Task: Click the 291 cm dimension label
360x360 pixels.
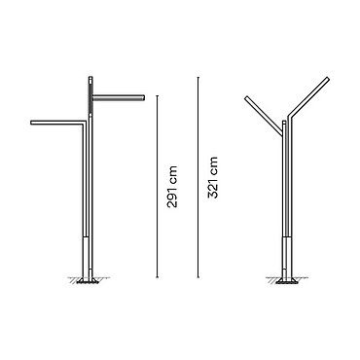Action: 171,187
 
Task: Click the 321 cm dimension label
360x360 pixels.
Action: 213,177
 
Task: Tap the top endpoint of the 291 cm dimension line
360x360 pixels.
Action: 158,95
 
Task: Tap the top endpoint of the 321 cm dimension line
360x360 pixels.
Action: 198,77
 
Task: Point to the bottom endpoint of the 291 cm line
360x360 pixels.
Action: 158,277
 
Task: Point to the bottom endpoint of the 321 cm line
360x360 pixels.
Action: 198,277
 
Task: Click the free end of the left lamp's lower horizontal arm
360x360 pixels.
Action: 31,123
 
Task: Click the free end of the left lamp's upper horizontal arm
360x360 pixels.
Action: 143,97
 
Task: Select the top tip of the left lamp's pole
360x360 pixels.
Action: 91,77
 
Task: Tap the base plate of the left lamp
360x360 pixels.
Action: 88,280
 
